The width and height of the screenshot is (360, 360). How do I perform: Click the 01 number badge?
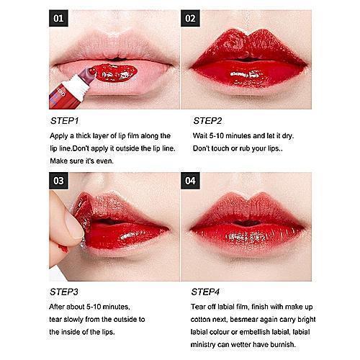pos(58,18)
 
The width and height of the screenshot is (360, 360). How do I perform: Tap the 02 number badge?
pos(190,18)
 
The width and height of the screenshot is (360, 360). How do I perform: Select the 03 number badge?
pos(58,181)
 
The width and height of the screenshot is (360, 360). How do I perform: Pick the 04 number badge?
pos(190,181)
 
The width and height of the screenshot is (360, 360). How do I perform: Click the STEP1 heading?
pos(65,121)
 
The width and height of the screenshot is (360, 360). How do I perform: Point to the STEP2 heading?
pos(207,121)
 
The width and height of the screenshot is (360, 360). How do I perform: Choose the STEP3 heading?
pos(64,292)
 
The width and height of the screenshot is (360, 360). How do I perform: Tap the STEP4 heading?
pos(205,292)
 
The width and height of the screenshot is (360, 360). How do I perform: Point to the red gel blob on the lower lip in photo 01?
pos(114,73)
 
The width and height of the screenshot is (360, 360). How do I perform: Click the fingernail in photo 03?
pos(74,225)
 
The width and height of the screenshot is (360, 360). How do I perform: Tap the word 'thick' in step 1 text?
pos(84,136)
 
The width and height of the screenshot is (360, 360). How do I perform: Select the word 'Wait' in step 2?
pos(200,136)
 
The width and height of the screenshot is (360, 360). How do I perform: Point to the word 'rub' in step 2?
pos(245,148)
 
